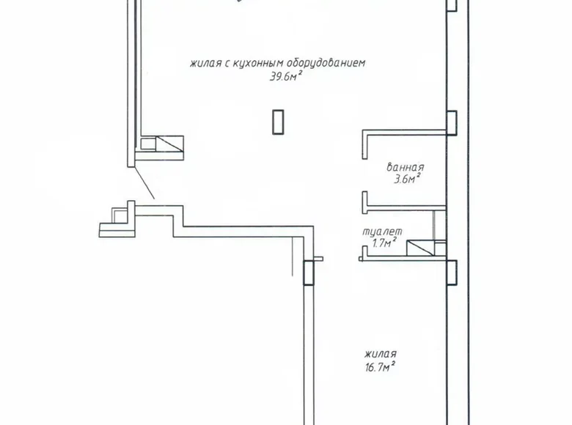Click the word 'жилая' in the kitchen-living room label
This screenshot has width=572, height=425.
205,64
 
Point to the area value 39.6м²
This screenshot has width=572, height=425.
286,75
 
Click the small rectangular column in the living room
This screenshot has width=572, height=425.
277,122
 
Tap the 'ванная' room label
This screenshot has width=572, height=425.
406,166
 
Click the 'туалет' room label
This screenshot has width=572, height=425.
381,232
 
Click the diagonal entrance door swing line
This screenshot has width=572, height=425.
144,183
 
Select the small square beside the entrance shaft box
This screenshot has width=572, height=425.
148,144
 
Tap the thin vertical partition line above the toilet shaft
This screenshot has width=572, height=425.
435,223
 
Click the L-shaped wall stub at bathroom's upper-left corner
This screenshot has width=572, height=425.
364,144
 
